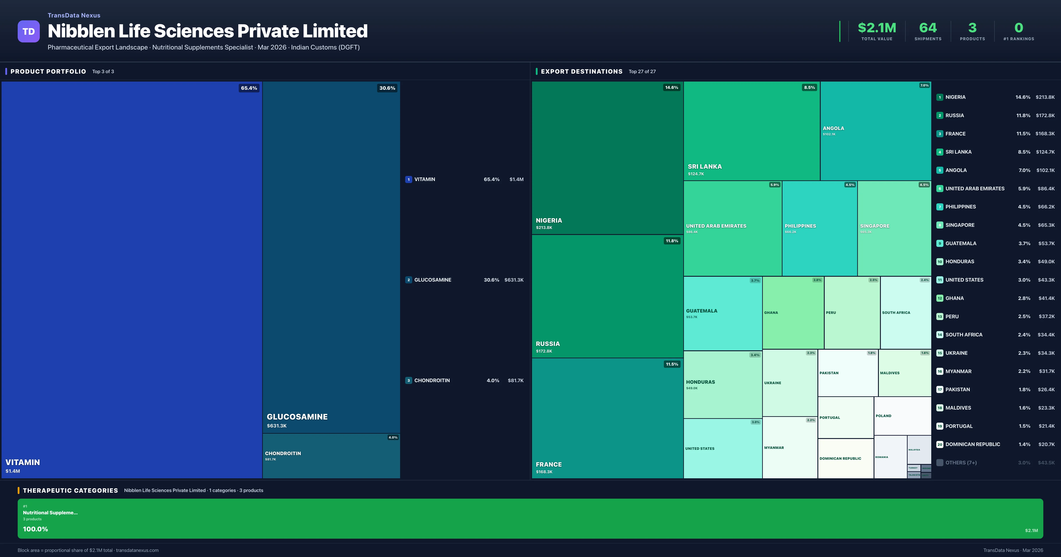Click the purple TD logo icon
(29, 31)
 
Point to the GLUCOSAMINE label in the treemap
(297, 416)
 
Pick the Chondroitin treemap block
(331, 456)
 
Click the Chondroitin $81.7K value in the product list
(515, 380)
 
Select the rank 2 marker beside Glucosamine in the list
(408, 280)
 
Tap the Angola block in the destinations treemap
(875, 131)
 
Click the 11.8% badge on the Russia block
(672, 241)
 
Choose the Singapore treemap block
(894, 229)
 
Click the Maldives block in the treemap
(905, 373)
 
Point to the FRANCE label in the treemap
(549, 464)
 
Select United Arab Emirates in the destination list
(975, 188)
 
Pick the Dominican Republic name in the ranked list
(972, 444)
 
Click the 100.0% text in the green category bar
(35, 529)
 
